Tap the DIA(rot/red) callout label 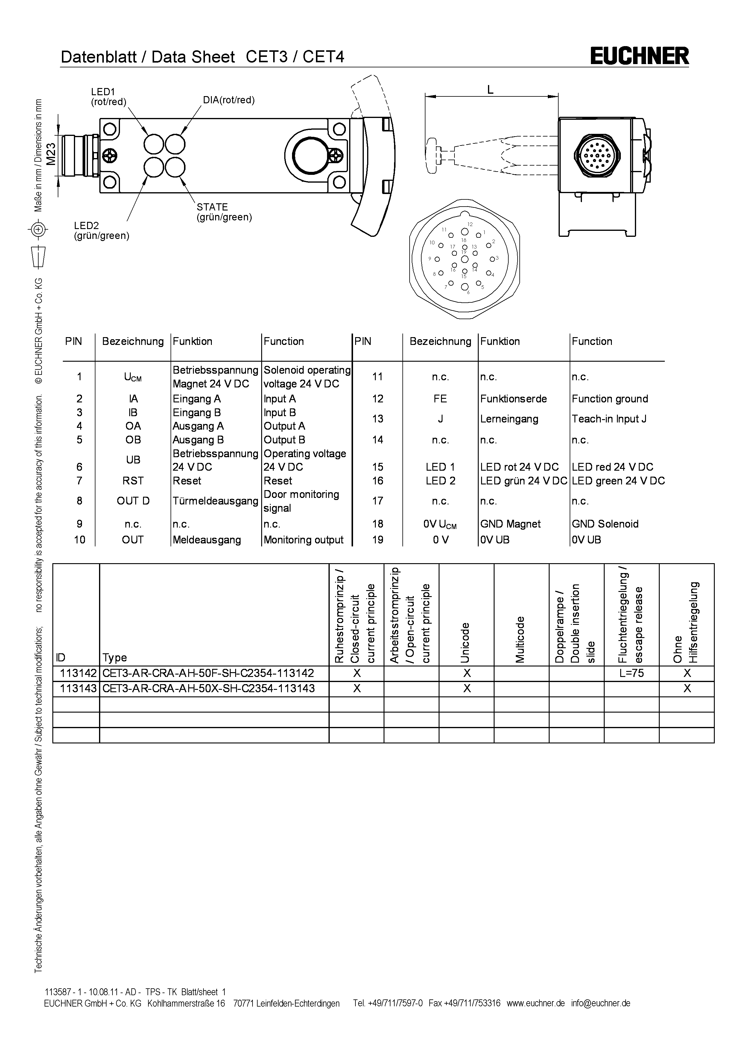coord(229,100)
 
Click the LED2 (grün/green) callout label coord(101,231)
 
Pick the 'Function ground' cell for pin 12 coord(609,399)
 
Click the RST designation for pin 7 coord(133,481)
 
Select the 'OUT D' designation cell coord(133,501)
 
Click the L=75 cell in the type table coord(631,673)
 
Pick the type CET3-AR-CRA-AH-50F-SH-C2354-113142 coord(208,673)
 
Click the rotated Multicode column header coord(520,639)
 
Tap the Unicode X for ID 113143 coord(466,688)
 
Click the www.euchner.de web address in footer coord(536,1003)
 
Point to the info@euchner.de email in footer coord(600,1003)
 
